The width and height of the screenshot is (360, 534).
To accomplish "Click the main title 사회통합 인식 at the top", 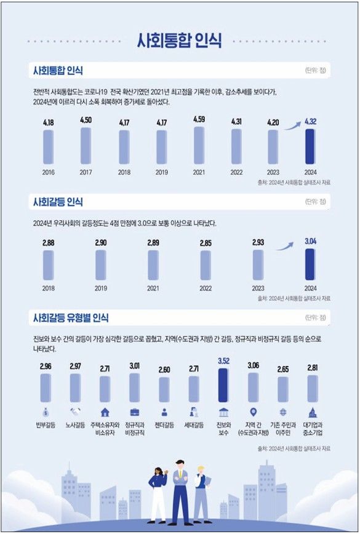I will pos(180,41).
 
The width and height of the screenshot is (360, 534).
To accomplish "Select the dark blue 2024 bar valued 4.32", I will pos(311,146).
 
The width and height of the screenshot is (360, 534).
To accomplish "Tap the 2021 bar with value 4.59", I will pos(199,145).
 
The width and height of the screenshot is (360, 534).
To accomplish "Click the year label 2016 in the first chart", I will pos(48,172).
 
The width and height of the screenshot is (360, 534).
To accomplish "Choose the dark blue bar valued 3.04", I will pos(311,265).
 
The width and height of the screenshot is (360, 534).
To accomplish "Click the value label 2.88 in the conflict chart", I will pos(49,243).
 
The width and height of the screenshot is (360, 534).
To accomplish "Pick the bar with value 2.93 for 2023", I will pos(258,265).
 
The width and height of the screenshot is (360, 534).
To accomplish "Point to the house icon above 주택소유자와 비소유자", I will pos(105,412).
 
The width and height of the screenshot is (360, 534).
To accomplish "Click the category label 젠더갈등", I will pos(164,424).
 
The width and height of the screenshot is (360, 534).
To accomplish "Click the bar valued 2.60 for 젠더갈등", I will pos(164,389).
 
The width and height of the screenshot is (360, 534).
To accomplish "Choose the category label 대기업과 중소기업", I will pos(313,428).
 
